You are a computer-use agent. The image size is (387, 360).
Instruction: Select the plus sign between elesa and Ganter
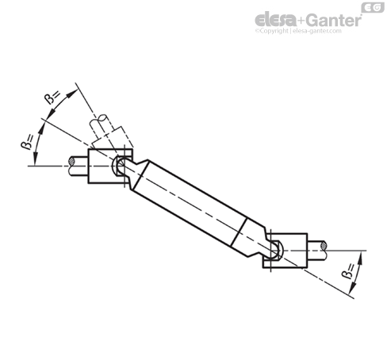298,20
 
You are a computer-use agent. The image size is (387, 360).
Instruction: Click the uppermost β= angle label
53,98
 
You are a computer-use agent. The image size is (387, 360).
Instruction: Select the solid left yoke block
99,167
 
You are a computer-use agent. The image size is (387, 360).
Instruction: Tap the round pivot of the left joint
121,167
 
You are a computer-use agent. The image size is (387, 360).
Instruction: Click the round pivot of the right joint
275,250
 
